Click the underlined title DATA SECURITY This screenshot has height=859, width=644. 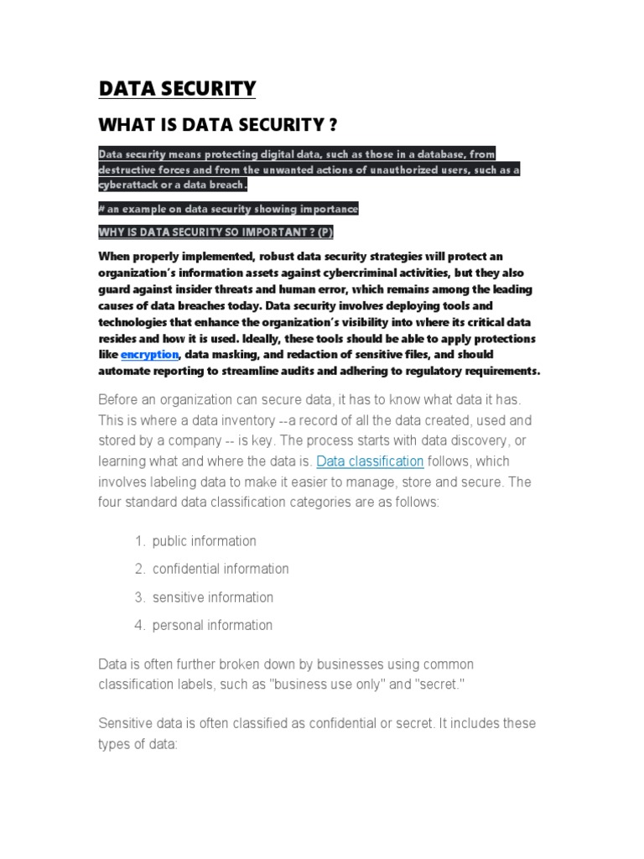click(177, 89)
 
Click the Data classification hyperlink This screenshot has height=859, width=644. click(370, 461)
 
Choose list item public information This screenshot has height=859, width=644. click(204, 541)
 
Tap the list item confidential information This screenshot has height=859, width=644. click(220, 569)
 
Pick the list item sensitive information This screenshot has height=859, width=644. click(212, 597)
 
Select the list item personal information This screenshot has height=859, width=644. click(212, 625)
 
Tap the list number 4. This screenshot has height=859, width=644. click(139, 625)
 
